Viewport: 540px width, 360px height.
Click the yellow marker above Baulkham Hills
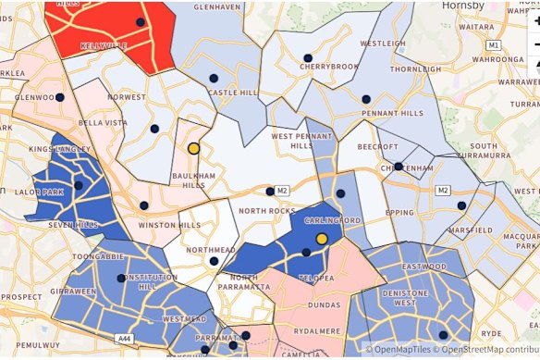coord(194,148)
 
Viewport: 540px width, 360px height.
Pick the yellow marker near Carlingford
coord(322,239)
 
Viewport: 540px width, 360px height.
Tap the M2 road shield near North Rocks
coord(283,191)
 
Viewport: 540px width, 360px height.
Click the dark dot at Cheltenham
coord(398,167)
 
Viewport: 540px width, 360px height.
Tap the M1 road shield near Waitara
coord(495,44)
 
